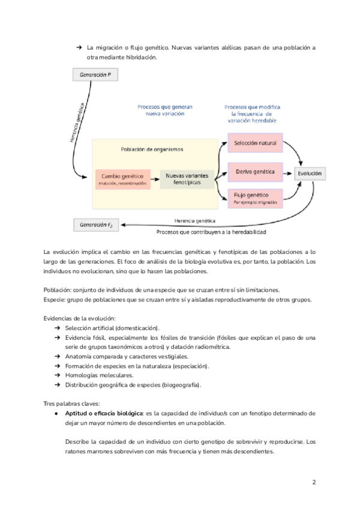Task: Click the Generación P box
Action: coord(95,75)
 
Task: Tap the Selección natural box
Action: coord(255,144)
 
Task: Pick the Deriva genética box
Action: coord(255,172)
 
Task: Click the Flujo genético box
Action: coord(255,199)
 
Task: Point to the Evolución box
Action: coord(310,173)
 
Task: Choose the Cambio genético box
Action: coord(122,179)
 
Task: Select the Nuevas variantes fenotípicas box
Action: coord(186,179)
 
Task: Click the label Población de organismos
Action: coord(152,149)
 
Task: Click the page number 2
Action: coord(314,482)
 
